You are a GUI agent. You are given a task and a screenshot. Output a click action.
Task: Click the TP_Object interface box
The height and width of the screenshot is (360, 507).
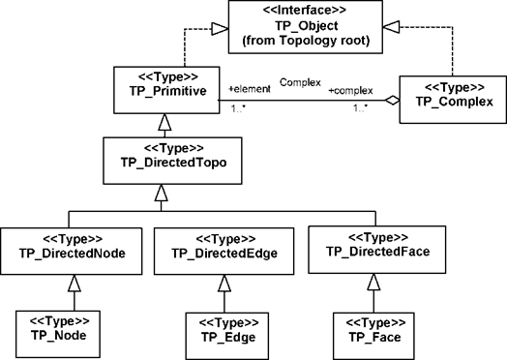click(x=306, y=27)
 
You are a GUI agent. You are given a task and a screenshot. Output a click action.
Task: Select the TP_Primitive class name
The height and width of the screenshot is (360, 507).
click(x=167, y=91)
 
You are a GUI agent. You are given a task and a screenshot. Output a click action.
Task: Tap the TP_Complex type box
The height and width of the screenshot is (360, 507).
click(x=453, y=100)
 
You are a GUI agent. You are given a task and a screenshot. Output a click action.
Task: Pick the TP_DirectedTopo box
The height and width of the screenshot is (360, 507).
click(x=172, y=161)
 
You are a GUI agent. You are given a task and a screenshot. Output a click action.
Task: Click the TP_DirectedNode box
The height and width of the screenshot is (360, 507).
click(x=72, y=252)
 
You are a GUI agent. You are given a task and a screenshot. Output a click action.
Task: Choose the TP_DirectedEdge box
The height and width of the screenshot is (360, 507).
click(x=224, y=252)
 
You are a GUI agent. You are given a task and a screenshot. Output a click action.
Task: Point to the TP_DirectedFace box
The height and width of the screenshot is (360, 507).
click(x=377, y=250)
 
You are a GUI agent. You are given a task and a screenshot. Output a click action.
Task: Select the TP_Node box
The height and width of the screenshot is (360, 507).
click(x=58, y=334)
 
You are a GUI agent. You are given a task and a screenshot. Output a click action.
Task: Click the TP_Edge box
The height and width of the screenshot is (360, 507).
click(x=227, y=336)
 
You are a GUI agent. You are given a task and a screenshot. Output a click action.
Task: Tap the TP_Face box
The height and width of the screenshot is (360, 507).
click(x=373, y=336)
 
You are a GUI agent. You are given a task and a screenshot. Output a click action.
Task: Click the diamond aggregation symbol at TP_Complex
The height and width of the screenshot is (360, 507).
click(x=393, y=101)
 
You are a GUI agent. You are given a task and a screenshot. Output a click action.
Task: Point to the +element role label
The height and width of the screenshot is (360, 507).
click(x=250, y=89)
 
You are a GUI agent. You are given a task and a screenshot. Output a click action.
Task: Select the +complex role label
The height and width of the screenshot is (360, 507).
click(x=351, y=91)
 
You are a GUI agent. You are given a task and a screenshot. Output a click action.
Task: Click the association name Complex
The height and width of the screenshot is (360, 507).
click(x=300, y=82)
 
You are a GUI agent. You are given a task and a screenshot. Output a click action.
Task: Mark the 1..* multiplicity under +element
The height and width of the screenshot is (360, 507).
click(x=238, y=108)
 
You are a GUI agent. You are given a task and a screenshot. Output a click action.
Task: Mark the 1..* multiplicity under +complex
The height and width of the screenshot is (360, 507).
click(x=360, y=108)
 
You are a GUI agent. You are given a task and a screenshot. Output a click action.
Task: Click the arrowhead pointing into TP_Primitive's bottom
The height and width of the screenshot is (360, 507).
click(x=164, y=122)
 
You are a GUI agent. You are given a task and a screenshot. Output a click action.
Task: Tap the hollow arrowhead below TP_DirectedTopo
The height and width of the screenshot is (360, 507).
click(x=161, y=194)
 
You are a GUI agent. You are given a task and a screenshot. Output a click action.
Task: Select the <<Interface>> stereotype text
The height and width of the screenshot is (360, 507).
click(x=305, y=10)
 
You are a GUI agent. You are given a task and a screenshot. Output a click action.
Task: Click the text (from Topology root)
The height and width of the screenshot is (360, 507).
click(x=306, y=41)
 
